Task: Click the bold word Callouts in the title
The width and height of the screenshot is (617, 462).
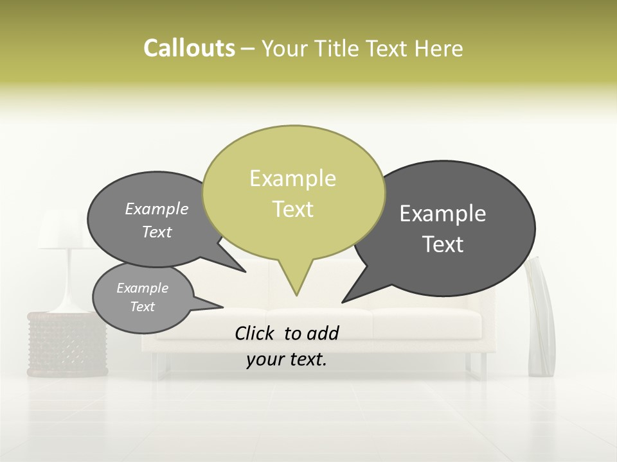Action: click(x=189, y=48)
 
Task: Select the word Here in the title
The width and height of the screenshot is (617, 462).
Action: click(x=440, y=48)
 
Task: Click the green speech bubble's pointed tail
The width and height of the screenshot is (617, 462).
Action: click(x=296, y=282)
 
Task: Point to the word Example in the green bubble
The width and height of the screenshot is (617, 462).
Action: click(x=292, y=178)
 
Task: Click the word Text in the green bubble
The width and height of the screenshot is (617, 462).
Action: click(x=292, y=209)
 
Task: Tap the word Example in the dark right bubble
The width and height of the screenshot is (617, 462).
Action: click(x=443, y=214)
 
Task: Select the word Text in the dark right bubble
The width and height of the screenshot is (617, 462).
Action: click(x=443, y=244)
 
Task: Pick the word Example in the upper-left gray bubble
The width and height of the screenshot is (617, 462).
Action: click(x=156, y=209)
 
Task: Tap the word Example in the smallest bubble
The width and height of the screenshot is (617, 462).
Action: click(x=142, y=288)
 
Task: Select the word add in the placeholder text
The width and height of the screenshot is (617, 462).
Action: click(x=322, y=333)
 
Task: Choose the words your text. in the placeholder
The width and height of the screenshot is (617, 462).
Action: click(x=287, y=359)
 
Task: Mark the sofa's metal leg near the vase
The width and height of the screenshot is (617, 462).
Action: click(x=483, y=366)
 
